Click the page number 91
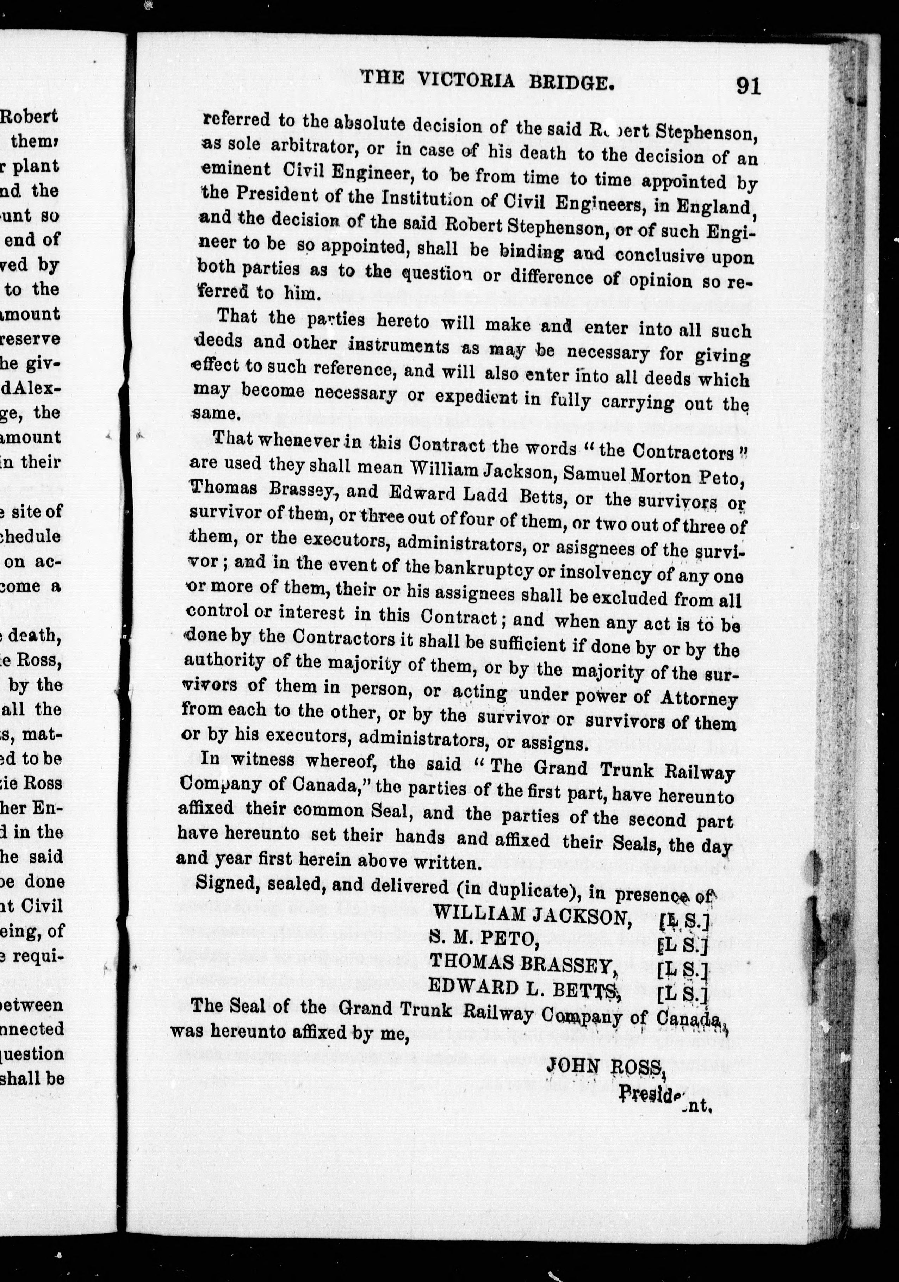748,87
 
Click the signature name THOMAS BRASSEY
522,963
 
